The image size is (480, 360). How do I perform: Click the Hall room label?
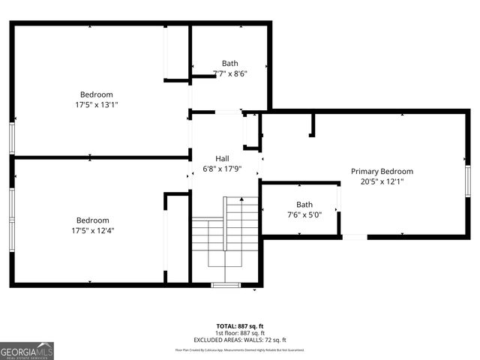point(222,158)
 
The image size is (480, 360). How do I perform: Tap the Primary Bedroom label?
point(382,171)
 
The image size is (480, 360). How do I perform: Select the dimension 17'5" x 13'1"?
point(97,105)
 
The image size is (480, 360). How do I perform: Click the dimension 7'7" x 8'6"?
point(229,73)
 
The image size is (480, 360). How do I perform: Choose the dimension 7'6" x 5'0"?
point(304,215)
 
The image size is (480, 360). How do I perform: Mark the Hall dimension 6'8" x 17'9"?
point(222,169)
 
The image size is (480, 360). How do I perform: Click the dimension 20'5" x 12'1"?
point(382,181)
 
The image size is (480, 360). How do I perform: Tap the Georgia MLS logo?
point(27,350)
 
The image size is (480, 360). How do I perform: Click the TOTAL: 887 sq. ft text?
point(239,326)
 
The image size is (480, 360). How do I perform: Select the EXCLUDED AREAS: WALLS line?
point(239,340)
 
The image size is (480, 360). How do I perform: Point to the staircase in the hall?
point(225,232)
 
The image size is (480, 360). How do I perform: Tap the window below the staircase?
point(224,285)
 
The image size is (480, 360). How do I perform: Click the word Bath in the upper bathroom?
point(229,63)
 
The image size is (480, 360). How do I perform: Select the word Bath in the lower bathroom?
point(304,205)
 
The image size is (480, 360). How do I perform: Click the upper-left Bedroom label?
point(97,94)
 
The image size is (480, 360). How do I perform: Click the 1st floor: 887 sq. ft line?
point(239,333)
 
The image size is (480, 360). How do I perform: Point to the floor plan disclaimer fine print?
point(239,349)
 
